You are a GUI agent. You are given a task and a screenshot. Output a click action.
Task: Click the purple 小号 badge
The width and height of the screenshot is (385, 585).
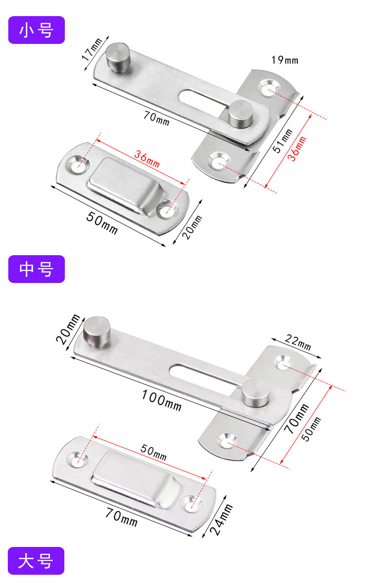(37, 30)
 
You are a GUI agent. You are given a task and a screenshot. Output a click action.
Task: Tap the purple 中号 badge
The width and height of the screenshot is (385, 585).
(37, 269)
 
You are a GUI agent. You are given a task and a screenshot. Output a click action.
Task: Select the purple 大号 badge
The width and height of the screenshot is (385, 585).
(36, 561)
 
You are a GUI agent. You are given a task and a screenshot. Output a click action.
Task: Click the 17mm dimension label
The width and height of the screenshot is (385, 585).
(92, 49)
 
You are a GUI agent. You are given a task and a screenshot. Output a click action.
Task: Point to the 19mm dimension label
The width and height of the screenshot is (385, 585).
(285, 60)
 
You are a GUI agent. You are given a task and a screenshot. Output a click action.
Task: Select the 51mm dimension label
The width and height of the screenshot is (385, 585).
(283, 141)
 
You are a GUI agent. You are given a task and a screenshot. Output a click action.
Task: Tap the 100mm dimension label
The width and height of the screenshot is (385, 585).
(161, 400)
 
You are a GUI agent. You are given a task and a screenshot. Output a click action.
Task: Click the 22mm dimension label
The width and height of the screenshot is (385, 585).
(298, 342)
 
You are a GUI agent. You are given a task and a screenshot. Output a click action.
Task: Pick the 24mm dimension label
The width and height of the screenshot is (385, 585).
(221, 519)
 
